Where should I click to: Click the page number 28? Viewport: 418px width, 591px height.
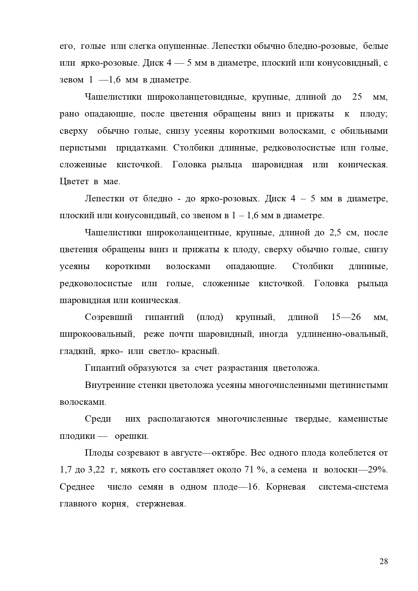coord(384,561)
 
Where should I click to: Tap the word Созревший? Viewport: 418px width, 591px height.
coord(109,317)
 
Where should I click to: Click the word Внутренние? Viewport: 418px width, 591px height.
coord(110,385)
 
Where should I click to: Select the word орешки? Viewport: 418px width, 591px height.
coord(132,436)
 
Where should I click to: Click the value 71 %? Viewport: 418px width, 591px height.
coord(253,470)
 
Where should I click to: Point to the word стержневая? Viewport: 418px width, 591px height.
coord(161,504)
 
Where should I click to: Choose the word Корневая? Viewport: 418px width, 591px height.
coord(286,487)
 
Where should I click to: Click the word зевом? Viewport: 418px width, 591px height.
coord(71,80)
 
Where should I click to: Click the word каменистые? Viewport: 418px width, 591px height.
coord(363,419)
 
